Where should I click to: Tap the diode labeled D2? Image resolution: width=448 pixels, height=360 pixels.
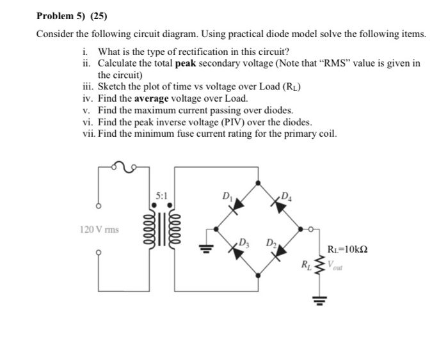click(x=280, y=251)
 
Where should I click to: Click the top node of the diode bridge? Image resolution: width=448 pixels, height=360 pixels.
click(x=258, y=182)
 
